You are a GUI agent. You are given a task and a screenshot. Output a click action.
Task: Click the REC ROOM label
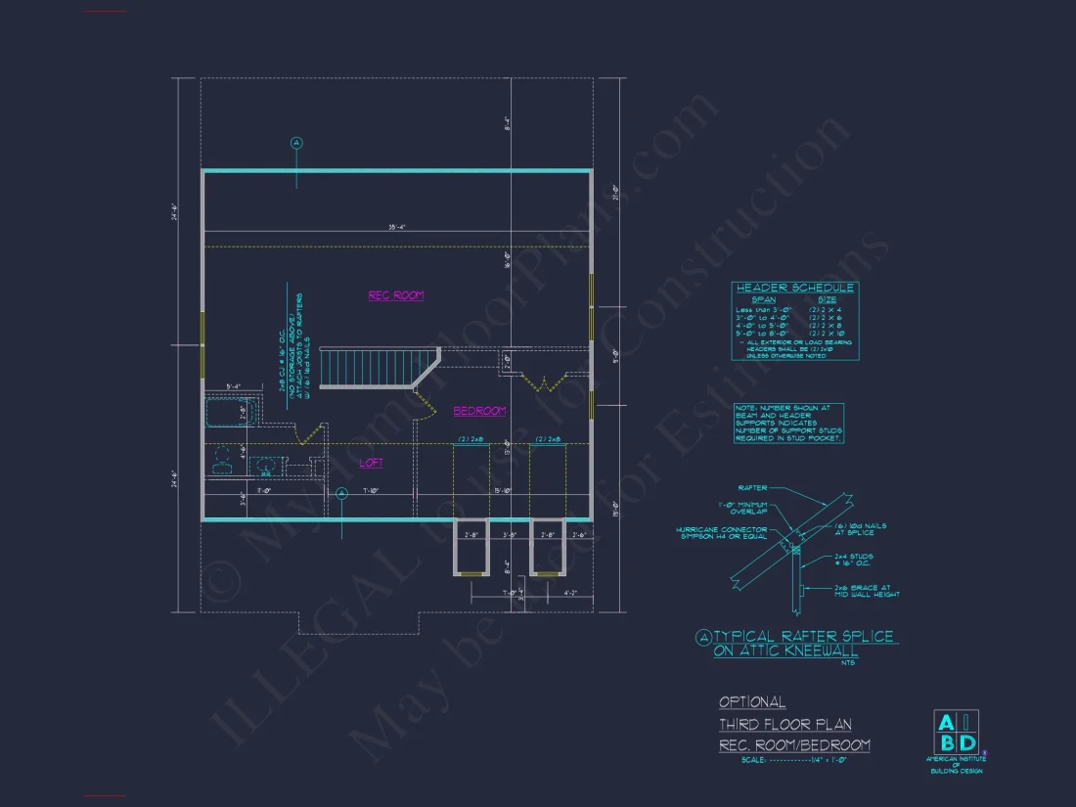pyautogui.click(x=396, y=295)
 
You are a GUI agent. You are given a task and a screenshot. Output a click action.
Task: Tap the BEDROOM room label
pyautogui.click(x=479, y=411)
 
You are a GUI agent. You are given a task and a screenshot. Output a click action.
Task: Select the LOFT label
pyautogui.click(x=371, y=463)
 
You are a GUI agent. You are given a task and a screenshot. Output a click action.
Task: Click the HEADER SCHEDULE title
pyautogui.click(x=794, y=288)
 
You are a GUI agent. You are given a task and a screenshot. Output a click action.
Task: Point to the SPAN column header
pyautogui.click(x=764, y=299)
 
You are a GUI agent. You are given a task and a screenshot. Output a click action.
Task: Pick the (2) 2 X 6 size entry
pyautogui.click(x=826, y=317)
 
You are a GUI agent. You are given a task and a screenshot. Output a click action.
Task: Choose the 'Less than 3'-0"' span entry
pyautogui.click(x=766, y=309)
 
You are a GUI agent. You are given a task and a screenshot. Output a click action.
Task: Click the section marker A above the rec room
pyautogui.click(x=297, y=143)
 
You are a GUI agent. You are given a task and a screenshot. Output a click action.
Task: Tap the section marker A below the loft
pyautogui.click(x=341, y=494)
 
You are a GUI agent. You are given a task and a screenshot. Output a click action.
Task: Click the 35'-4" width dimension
pyautogui.click(x=396, y=227)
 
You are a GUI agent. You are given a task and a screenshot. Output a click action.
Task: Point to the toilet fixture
pyautogui.click(x=222, y=458)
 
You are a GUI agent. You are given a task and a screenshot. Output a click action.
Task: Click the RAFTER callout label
pyautogui.click(x=754, y=487)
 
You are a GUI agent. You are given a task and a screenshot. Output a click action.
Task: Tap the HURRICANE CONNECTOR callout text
pyautogui.click(x=722, y=534)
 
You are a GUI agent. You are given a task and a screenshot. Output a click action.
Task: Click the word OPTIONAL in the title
pyautogui.click(x=752, y=701)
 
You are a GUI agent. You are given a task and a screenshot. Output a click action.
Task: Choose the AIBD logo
pyautogui.click(x=957, y=734)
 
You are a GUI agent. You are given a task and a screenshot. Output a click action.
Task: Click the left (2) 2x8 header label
pyautogui.click(x=471, y=440)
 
